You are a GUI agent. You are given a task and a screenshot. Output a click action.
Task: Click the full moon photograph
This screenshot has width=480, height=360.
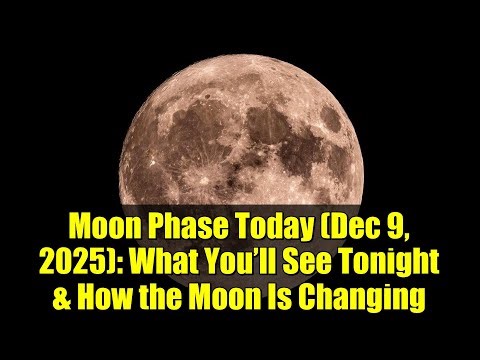(240, 110)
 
